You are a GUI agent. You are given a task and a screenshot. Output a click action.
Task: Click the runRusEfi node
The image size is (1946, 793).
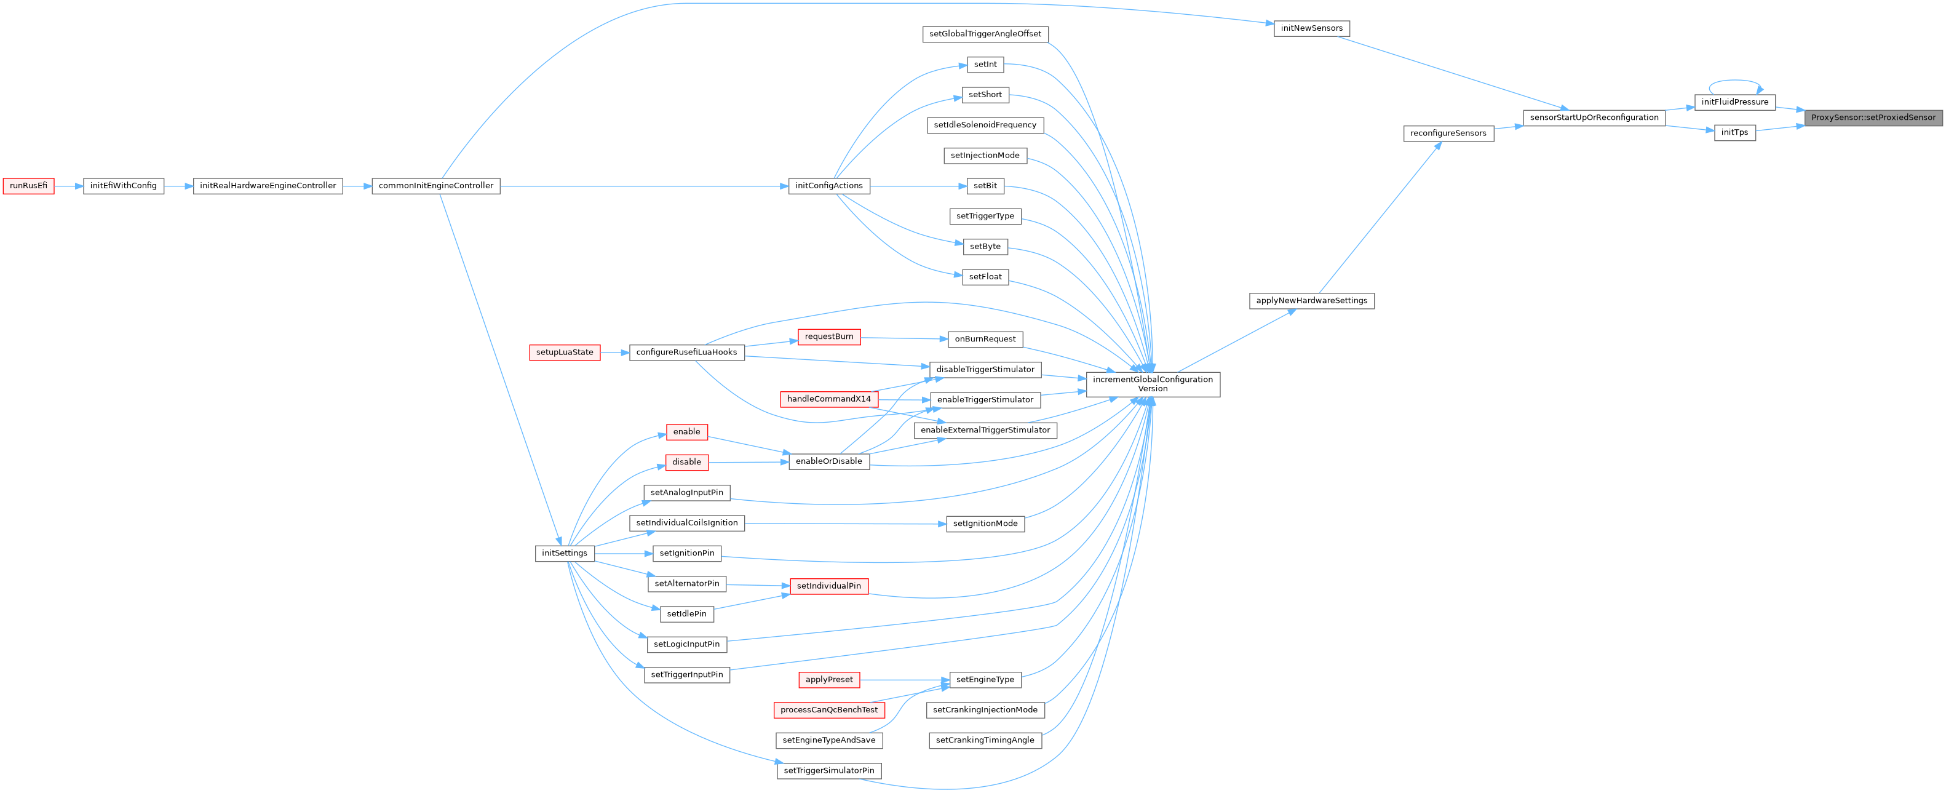pyautogui.click(x=29, y=186)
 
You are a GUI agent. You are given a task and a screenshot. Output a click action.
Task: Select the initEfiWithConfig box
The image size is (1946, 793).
pyautogui.click(x=123, y=186)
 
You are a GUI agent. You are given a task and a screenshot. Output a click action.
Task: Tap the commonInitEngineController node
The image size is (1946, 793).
pyautogui.click(x=436, y=186)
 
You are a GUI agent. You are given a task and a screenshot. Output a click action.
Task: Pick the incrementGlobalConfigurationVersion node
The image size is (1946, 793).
pyautogui.click(x=1152, y=384)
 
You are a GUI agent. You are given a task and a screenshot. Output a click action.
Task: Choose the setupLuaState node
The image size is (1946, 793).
pyautogui.click(x=565, y=353)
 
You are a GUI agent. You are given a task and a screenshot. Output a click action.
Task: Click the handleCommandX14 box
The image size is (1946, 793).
pyautogui.click(x=828, y=399)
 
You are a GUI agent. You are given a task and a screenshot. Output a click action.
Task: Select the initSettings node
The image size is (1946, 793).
pyautogui.click(x=565, y=553)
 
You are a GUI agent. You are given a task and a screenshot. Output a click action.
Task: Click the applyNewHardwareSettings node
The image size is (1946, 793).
pyautogui.click(x=1311, y=301)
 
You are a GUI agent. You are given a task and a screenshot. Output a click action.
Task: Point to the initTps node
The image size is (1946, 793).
pyautogui.click(x=1734, y=133)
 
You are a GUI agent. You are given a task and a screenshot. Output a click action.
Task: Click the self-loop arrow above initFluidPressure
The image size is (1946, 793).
pyautogui.click(x=1734, y=81)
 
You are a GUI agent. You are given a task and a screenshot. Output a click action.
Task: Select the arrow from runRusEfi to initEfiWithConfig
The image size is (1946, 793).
pyautogui.click(x=68, y=186)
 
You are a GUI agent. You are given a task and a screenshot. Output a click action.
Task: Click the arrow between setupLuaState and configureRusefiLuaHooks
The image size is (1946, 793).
pyautogui.click(x=615, y=353)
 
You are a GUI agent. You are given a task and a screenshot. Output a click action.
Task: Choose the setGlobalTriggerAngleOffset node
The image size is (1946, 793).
pyautogui.click(x=985, y=34)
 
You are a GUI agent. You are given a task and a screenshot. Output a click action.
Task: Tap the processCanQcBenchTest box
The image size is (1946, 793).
pyautogui.click(x=828, y=710)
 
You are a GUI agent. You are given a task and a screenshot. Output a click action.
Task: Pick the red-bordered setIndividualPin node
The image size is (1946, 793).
pyautogui.click(x=828, y=586)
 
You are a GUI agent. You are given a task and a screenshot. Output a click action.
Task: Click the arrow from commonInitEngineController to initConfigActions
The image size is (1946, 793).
pyautogui.click(x=642, y=186)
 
